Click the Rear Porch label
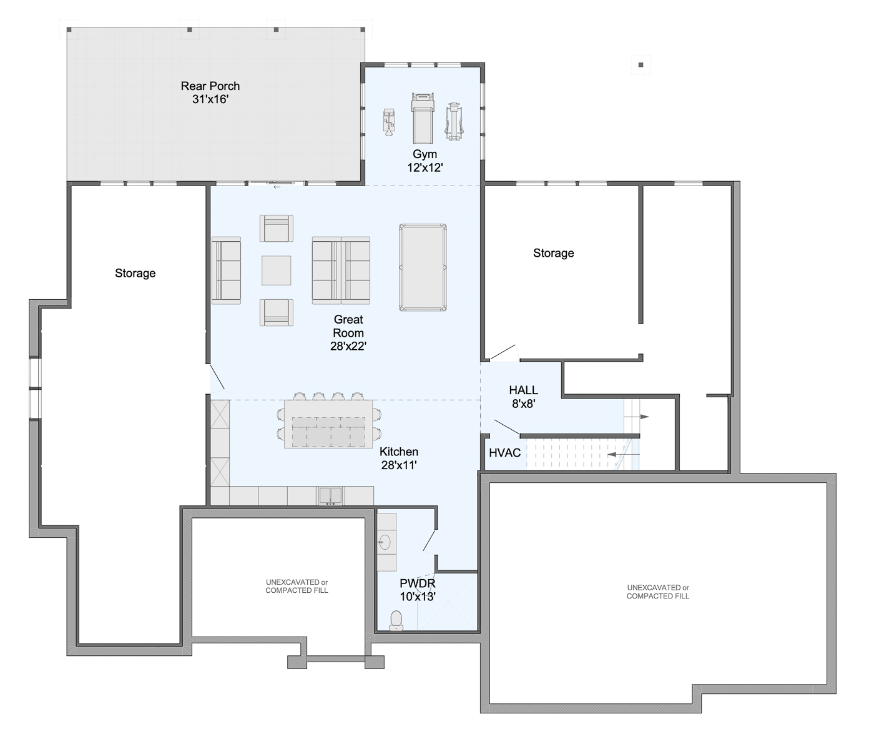pos(210,92)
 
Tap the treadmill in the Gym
pos(423,118)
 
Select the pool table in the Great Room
pos(423,267)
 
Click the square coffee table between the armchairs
pos(277,270)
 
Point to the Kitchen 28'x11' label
pos(399,459)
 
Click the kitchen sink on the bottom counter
pos(331,495)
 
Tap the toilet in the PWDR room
pos(396,620)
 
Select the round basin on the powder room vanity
pos(384,542)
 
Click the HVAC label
pos(505,453)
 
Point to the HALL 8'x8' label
pos(524,397)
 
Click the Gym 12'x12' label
pos(425,161)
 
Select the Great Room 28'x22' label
pos(348,332)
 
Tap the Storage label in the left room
pos(135,273)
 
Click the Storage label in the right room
pos(553,253)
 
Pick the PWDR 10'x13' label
pos(418,590)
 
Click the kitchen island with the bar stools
pos(328,424)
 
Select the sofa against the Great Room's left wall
pos(226,270)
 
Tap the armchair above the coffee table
pos(277,228)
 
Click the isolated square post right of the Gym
pos(641,65)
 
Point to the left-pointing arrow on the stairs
pos(623,455)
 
